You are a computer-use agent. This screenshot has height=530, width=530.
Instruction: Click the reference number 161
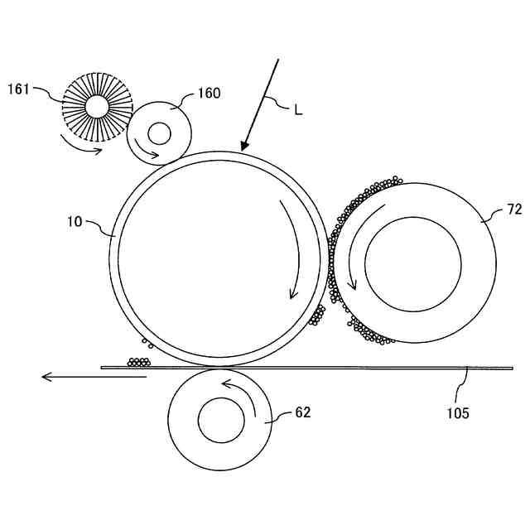pos(18,89)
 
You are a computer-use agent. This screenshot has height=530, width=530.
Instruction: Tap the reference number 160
pos(209,94)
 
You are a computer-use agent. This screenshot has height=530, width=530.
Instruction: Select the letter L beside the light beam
pos(298,109)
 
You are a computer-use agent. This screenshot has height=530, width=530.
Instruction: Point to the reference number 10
pos(75,222)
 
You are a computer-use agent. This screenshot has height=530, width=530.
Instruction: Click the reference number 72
pos(514,210)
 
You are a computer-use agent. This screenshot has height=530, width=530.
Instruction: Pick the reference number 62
pos(302,412)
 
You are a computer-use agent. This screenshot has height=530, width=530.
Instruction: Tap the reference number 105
pos(458,413)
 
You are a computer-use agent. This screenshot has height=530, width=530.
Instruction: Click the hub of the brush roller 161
pos(97,107)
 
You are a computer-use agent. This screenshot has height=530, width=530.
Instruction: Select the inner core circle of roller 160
pos(159,133)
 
